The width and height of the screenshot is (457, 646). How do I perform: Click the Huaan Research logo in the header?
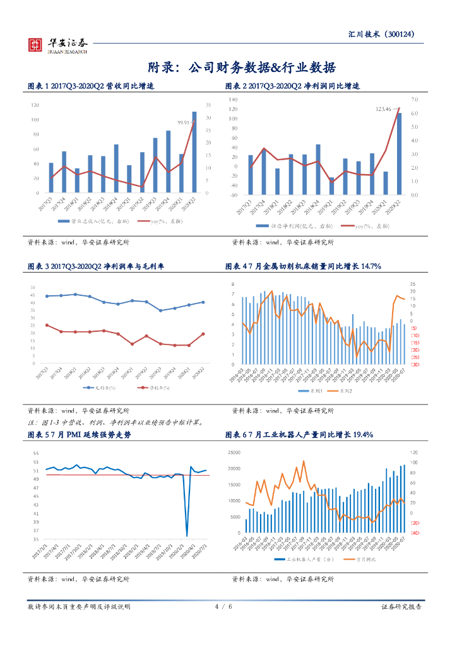pyautogui.click(x=57, y=45)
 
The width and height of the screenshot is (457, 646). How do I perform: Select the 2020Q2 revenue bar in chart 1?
pyautogui.click(x=194, y=152)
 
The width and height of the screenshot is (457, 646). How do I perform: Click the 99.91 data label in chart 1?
pyautogui.click(x=184, y=122)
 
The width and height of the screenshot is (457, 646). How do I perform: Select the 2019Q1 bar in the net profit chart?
pyautogui.click(x=331, y=186)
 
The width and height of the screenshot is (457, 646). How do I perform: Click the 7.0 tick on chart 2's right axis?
pyautogui.click(x=414, y=100)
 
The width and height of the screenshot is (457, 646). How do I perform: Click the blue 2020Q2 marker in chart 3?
pyautogui.click(x=203, y=302)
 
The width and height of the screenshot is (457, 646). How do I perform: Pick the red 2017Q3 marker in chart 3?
pyautogui.click(x=47, y=326)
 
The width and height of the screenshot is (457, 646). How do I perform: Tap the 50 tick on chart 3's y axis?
pyautogui.click(x=32, y=288)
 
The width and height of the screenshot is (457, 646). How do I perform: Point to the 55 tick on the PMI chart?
pyautogui.click(x=35, y=454)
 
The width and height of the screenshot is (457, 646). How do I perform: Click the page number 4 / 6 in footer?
pyautogui.click(x=224, y=606)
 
